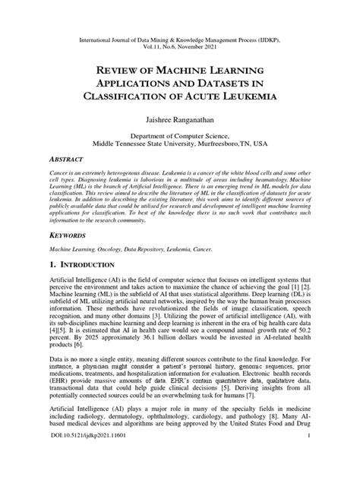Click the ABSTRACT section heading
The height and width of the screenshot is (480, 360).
pyautogui.click(x=69, y=161)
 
